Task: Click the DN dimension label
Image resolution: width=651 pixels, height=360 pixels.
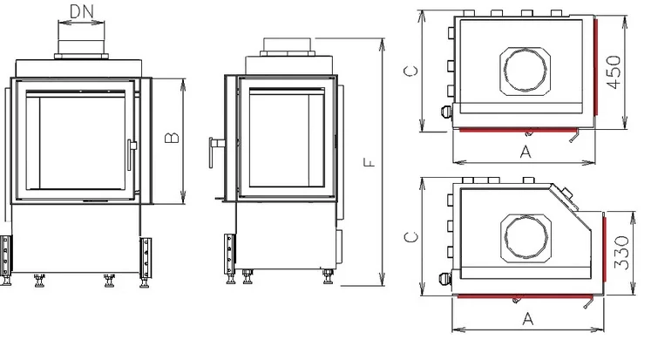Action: (x=81, y=11)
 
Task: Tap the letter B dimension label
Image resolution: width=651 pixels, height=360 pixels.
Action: (x=172, y=138)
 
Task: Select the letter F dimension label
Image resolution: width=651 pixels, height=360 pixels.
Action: (x=369, y=162)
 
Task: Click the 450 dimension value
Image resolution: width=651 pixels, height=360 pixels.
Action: (x=614, y=71)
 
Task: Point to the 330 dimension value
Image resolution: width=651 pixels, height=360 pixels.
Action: (x=621, y=252)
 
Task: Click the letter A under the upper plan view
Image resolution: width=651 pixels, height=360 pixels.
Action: (x=526, y=152)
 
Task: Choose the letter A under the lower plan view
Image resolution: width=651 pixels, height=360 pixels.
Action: (x=528, y=319)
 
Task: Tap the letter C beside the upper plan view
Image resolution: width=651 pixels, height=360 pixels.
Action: (x=410, y=71)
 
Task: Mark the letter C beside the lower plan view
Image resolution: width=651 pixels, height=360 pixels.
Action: (x=410, y=237)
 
